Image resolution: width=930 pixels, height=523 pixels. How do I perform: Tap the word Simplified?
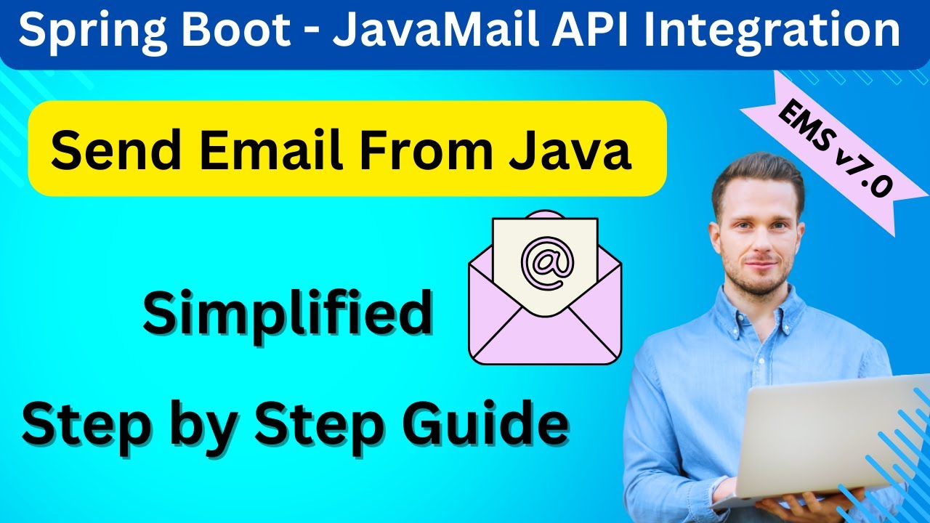[x=287, y=314]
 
